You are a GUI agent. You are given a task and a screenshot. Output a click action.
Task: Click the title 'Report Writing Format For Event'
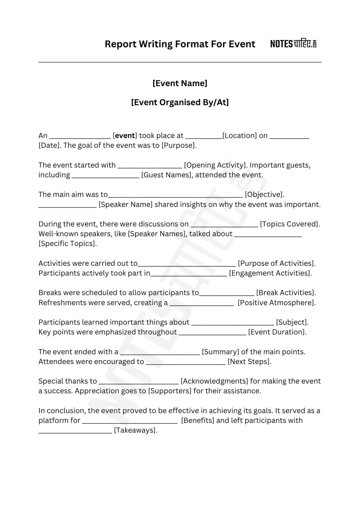coord(180,44)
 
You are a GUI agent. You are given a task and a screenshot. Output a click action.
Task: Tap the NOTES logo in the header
coord(293,44)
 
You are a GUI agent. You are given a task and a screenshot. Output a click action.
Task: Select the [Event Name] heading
coord(180,83)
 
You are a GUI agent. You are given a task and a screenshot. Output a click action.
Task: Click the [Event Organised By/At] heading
coord(180,102)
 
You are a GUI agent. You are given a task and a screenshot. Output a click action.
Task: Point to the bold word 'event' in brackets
coord(125,136)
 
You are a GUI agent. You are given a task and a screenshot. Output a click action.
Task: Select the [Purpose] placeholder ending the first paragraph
coord(179,145)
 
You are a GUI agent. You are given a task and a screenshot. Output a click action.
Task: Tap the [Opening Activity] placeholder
coord(215,165)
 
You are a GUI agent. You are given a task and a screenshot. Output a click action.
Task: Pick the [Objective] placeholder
coord(264,195)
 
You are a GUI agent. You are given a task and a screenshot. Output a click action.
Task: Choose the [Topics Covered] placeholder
coord(290,224)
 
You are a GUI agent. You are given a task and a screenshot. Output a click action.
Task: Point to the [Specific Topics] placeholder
coord(68,244)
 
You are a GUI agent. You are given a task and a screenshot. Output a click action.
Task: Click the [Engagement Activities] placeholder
coord(270,273)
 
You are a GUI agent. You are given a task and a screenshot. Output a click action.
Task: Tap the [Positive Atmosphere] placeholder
coord(276,303)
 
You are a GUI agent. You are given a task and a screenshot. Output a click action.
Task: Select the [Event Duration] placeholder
coord(277,332)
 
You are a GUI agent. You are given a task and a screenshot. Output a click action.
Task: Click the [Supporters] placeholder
coord(170,391)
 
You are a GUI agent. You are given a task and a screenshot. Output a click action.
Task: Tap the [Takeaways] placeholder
coord(135,430)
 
